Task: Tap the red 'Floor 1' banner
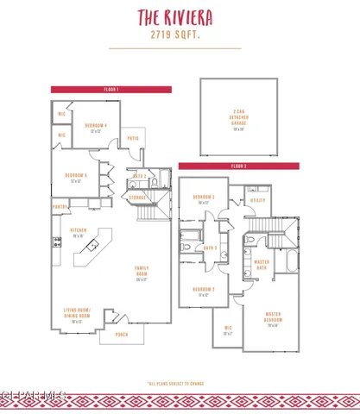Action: tap(112, 89)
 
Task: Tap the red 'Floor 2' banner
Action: tap(238, 166)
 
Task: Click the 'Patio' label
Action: tap(134, 138)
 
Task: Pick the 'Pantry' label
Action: tap(60, 207)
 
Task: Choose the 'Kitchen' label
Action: tap(78, 231)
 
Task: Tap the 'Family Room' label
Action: tap(142, 272)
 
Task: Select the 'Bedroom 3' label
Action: tap(203, 199)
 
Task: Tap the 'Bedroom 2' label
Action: tap(203, 291)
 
